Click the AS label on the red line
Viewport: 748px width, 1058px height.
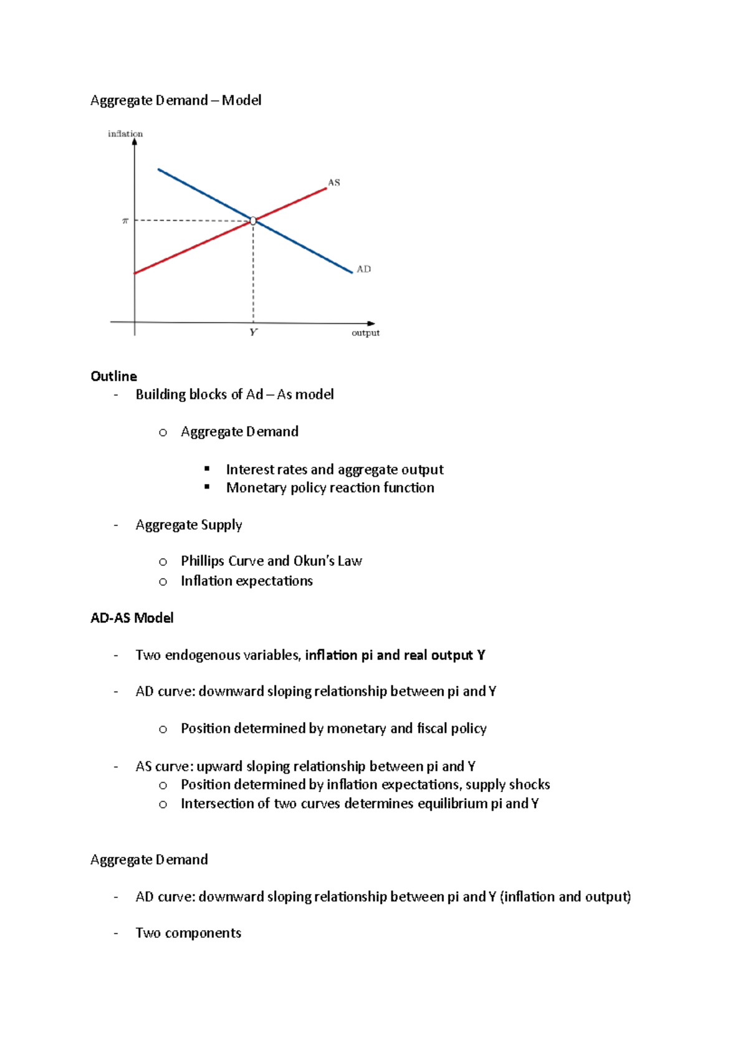pyautogui.click(x=334, y=183)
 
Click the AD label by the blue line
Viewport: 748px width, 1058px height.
pyautogui.click(x=363, y=269)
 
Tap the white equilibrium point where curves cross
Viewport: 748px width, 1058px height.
pyautogui.click(x=253, y=221)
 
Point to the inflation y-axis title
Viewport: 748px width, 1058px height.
pyautogui.click(x=125, y=133)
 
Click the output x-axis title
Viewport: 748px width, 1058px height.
pyautogui.click(x=365, y=333)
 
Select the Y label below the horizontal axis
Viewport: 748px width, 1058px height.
pyautogui.click(x=253, y=333)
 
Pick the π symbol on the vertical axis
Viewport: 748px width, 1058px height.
pyautogui.click(x=125, y=221)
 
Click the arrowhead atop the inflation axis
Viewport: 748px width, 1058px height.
pyautogui.click(x=135, y=142)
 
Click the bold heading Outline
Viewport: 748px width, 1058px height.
pyautogui.click(x=113, y=376)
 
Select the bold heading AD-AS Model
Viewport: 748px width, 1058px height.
pyautogui.click(x=132, y=617)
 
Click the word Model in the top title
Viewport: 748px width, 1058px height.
pyautogui.click(x=241, y=100)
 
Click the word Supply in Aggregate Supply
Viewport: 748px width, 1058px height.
pyautogui.click(x=221, y=525)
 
